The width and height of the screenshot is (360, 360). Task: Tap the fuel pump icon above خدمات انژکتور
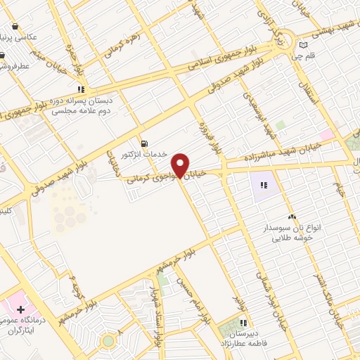[x=144, y=143]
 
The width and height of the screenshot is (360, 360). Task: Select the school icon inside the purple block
[x=264, y=185]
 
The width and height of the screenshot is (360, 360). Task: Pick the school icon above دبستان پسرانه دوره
[x=82, y=89]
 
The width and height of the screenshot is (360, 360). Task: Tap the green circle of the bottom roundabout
[x=108, y=341]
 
